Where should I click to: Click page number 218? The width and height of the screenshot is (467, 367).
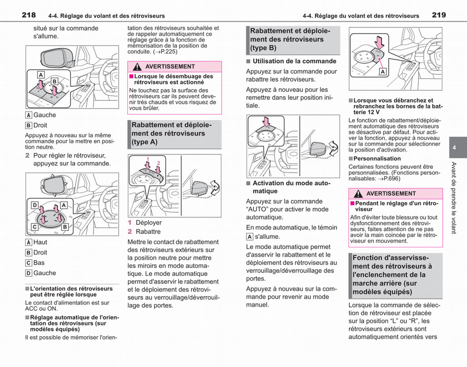[x=29, y=15]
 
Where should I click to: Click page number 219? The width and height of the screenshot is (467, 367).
[x=439, y=15]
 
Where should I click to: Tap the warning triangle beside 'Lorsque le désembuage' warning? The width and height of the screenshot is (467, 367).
[x=137, y=67]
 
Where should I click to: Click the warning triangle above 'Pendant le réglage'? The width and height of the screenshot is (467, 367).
[x=358, y=194]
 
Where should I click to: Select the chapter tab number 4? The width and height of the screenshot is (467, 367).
[x=454, y=148]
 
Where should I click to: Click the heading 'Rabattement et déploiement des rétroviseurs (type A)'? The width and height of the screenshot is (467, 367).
[x=172, y=133]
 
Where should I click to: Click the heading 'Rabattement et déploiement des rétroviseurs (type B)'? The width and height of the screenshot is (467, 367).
[x=290, y=39]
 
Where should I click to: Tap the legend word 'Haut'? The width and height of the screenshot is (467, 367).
[x=40, y=242]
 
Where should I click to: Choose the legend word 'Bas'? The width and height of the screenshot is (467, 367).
[x=39, y=263]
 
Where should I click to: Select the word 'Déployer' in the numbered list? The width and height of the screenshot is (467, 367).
[x=149, y=223]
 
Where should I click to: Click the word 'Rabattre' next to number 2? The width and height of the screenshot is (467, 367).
[x=148, y=232]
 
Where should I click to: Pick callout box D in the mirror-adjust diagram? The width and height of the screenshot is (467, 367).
[x=35, y=205]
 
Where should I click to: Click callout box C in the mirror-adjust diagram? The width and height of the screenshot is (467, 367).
[x=35, y=227]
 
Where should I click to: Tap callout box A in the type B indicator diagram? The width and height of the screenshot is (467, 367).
[x=383, y=72]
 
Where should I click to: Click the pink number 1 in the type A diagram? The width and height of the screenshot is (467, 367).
[x=148, y=159]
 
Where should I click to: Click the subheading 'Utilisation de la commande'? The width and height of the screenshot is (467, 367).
[x=295, y=61]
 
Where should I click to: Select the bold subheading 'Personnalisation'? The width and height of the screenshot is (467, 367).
[x=377, y=158]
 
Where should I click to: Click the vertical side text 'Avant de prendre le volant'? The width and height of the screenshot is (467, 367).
[x=454, y=198]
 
